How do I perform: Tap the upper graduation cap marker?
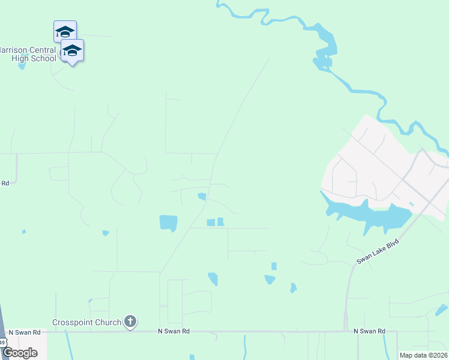pyautogui.click(x=65, y=31)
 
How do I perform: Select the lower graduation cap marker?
pyautogui.click(x=72, y=50)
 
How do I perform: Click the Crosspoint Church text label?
pyautogui.click(x=87, y=322)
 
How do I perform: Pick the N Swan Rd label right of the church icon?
pyautogui.click(x=173, y=331)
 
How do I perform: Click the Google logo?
pyautogui.click(x=20, y=352)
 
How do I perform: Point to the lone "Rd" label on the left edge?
pyautogui.click(x=5, y=183)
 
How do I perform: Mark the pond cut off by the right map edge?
pyautogui.click(x=442, y=310)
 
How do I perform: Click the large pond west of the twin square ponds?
pyautogui.click(x=169, y=223)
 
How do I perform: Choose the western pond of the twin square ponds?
pyautogui.click(x=211, y=223)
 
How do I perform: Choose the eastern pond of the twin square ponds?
pyautogui.click(x=220, y=222)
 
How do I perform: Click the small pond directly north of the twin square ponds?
pyautogui.click(x=202, y=196)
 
